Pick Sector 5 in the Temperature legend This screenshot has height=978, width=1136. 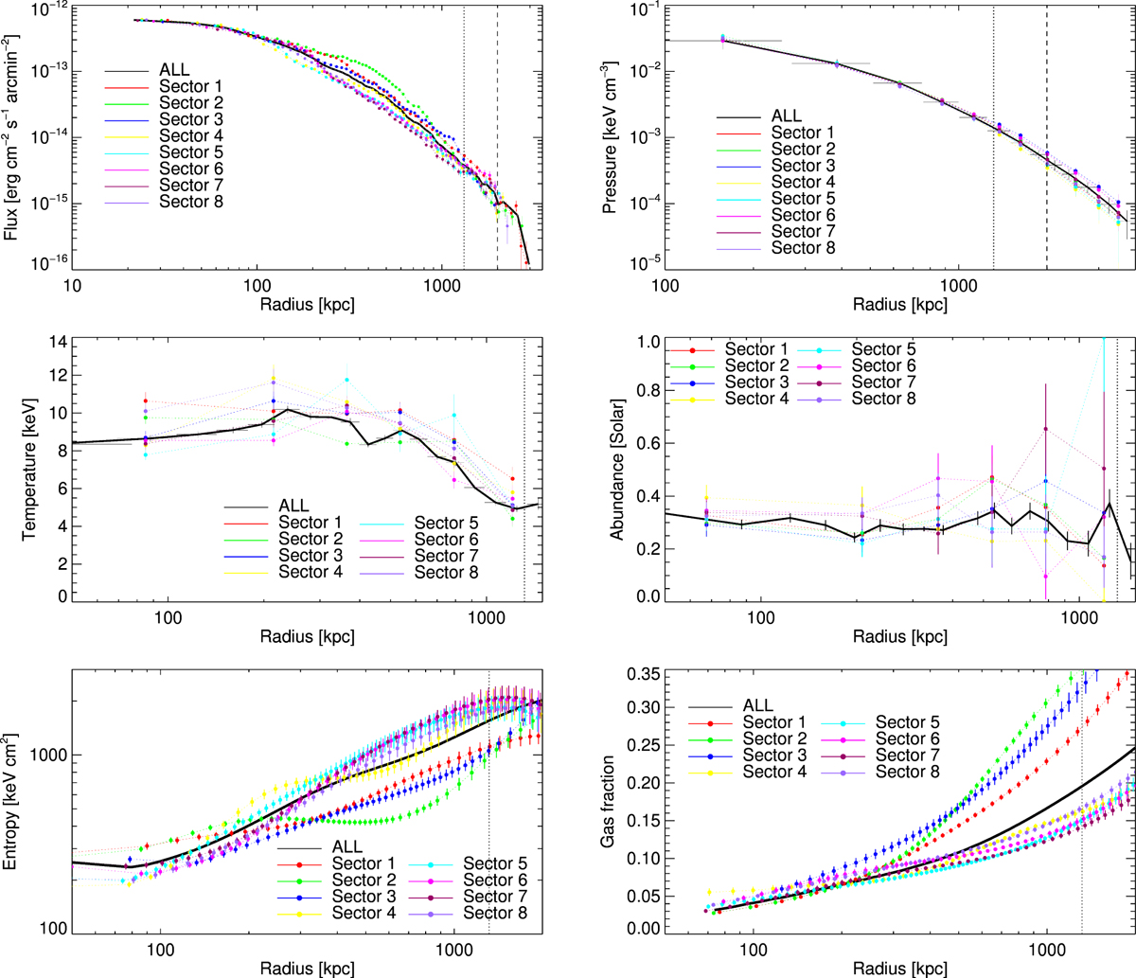446,524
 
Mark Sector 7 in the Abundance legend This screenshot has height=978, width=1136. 879,382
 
